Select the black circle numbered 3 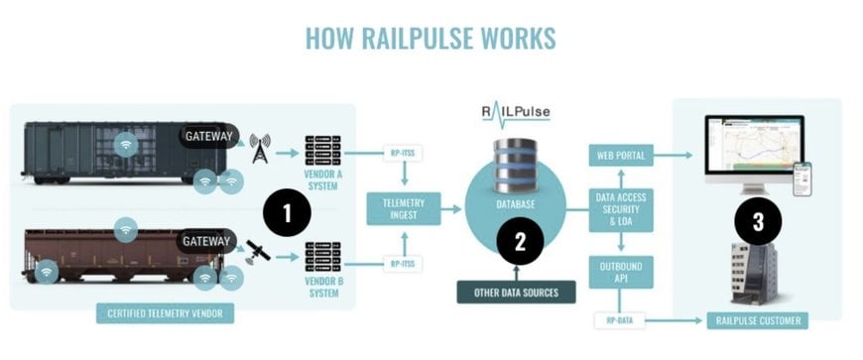757,222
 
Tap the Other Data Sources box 516,293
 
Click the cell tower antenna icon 260,149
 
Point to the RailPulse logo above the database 515,112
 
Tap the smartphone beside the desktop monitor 801,179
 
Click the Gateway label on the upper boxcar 209,136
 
